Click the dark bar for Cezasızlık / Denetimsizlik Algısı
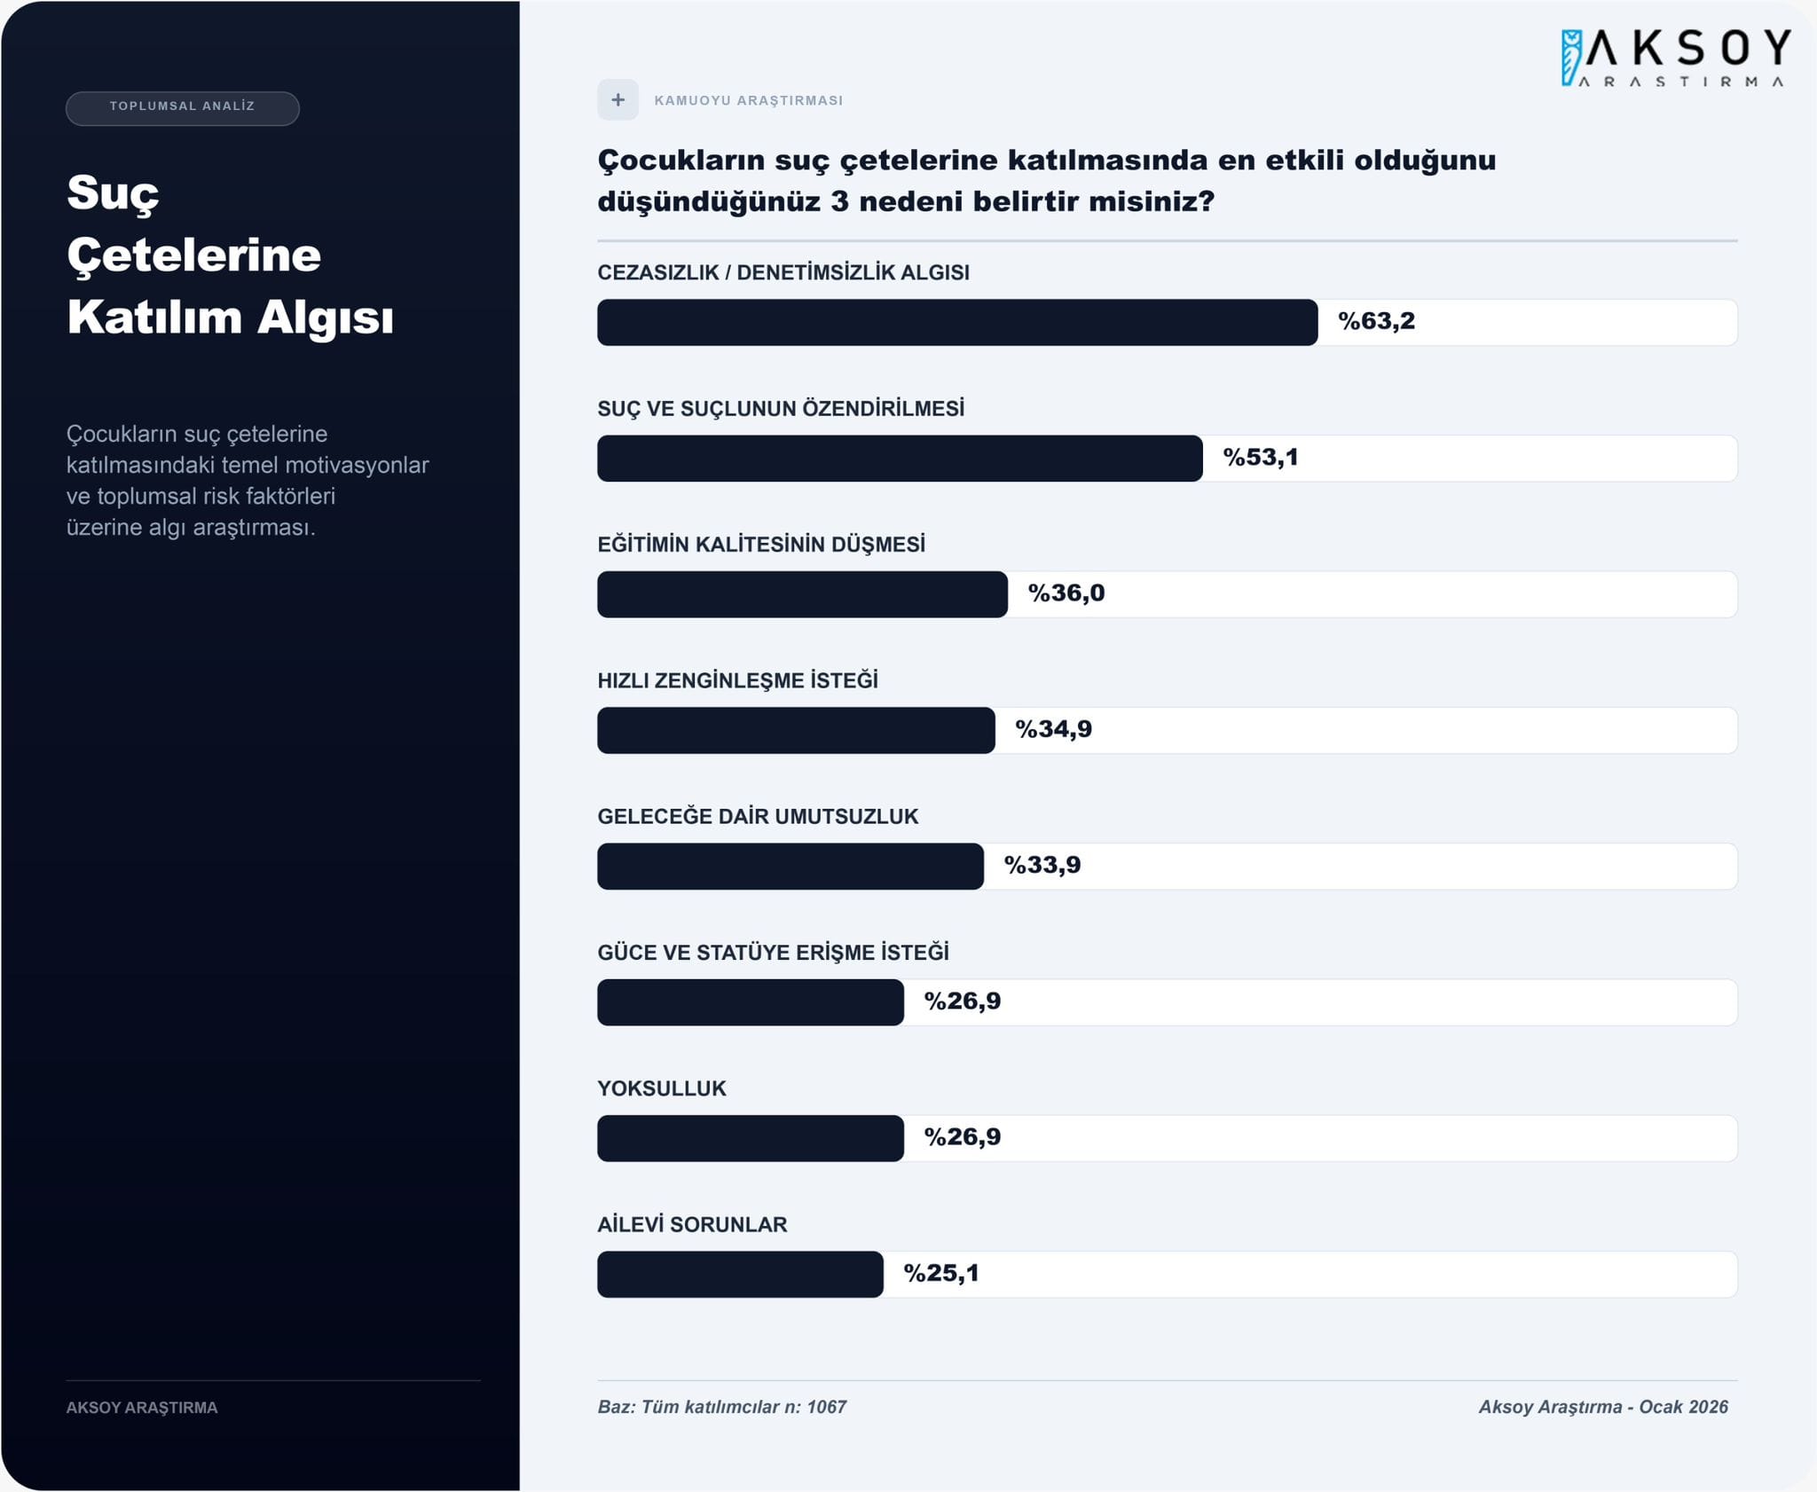click(956, 322)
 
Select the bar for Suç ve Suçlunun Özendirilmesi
click(899, 459)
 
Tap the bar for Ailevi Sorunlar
click(740, 1275)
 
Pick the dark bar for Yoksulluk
click(750, 1138)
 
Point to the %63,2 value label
click(1376, 321)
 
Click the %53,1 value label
click(1260, 458)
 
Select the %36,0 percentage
click(1066, 593)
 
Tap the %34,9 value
click(1053, 729)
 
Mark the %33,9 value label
click(1042, 865)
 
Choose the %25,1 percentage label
click(940, 1274)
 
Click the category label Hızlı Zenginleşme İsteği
click(737, 680)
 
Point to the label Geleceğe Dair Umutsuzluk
click(758, 816)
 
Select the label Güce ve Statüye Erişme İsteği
click(773, 953)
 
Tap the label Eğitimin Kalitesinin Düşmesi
click(761, 545)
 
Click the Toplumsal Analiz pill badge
click(182, 107)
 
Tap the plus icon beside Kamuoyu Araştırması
click(617, 100)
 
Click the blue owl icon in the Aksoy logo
click(1571, 58)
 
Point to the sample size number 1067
click(826, 1407)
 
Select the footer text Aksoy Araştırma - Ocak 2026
click(1602, 1407)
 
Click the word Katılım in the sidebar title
click(154, 318)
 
